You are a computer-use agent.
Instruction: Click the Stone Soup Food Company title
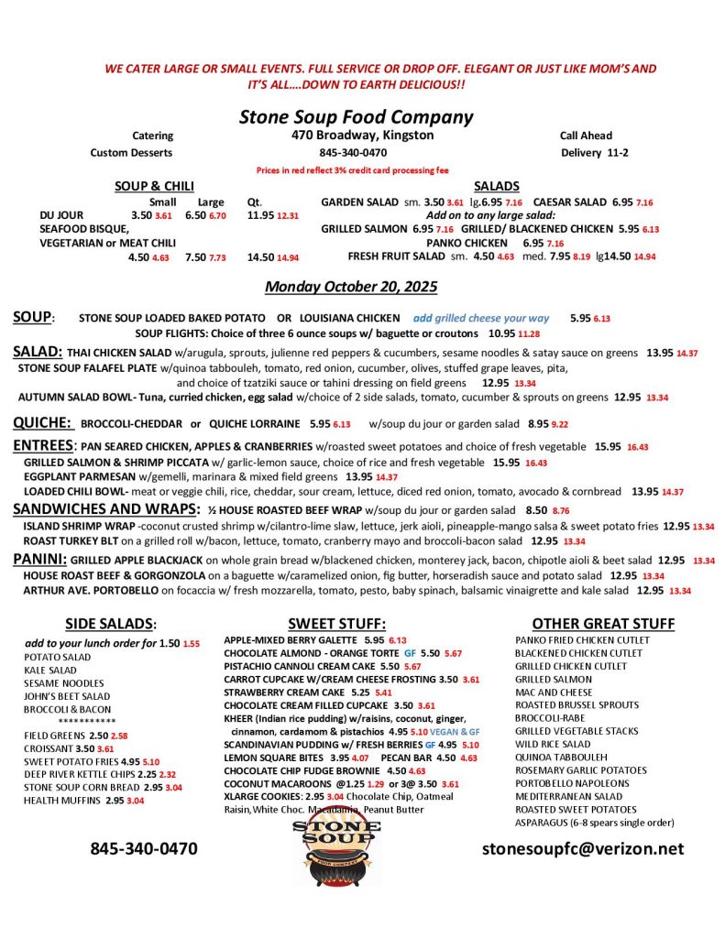(356, 116)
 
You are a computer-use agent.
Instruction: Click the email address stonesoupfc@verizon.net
(583, 848)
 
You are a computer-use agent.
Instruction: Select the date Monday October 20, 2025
(351, 287)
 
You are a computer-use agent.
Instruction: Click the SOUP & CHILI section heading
(154, 186)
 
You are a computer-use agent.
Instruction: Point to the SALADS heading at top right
(497, 186)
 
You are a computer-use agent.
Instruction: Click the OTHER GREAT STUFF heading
(603, 623)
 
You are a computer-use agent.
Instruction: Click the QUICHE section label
(42, 422)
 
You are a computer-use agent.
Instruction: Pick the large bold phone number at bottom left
(143, 848)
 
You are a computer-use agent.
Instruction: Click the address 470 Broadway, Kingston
(357, 136)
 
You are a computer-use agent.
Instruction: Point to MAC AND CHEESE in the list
(554, 693)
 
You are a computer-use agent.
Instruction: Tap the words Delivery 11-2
(594, 152)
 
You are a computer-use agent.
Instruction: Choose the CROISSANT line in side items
(53, 747)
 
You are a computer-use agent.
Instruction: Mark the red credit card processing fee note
(353, 170)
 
